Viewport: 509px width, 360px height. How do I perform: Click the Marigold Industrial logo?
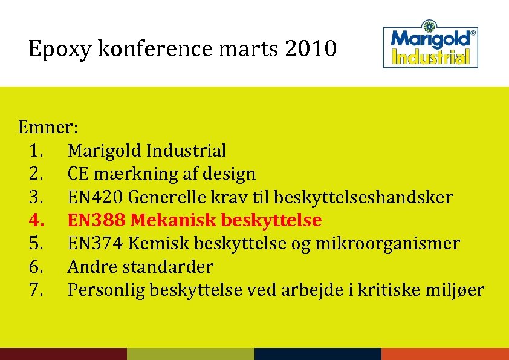coord(430,47)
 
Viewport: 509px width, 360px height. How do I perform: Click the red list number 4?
coord(36,220)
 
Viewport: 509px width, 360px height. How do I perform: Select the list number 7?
coord(36,290)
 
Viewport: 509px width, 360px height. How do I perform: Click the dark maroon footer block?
coord(63,354)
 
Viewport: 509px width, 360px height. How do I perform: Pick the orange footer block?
coord(445,354)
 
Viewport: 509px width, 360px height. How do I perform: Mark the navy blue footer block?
coord(318,354)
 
